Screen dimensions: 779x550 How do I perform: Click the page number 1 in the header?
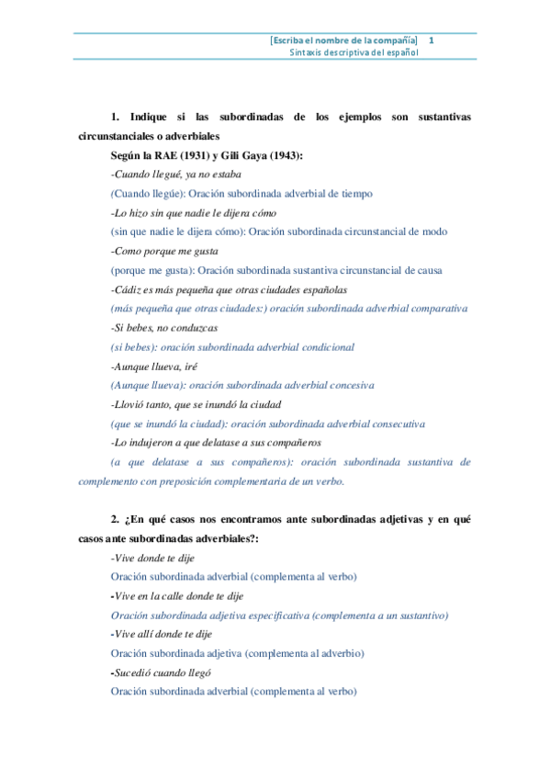coord(432,40)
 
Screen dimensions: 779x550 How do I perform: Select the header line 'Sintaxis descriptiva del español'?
coord(354,53)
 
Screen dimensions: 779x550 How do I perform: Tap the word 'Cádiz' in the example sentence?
coord(127,289)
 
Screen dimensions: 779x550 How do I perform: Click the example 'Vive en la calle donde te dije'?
coord(177,595)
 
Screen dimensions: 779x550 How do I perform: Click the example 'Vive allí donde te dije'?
coord(160,634)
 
